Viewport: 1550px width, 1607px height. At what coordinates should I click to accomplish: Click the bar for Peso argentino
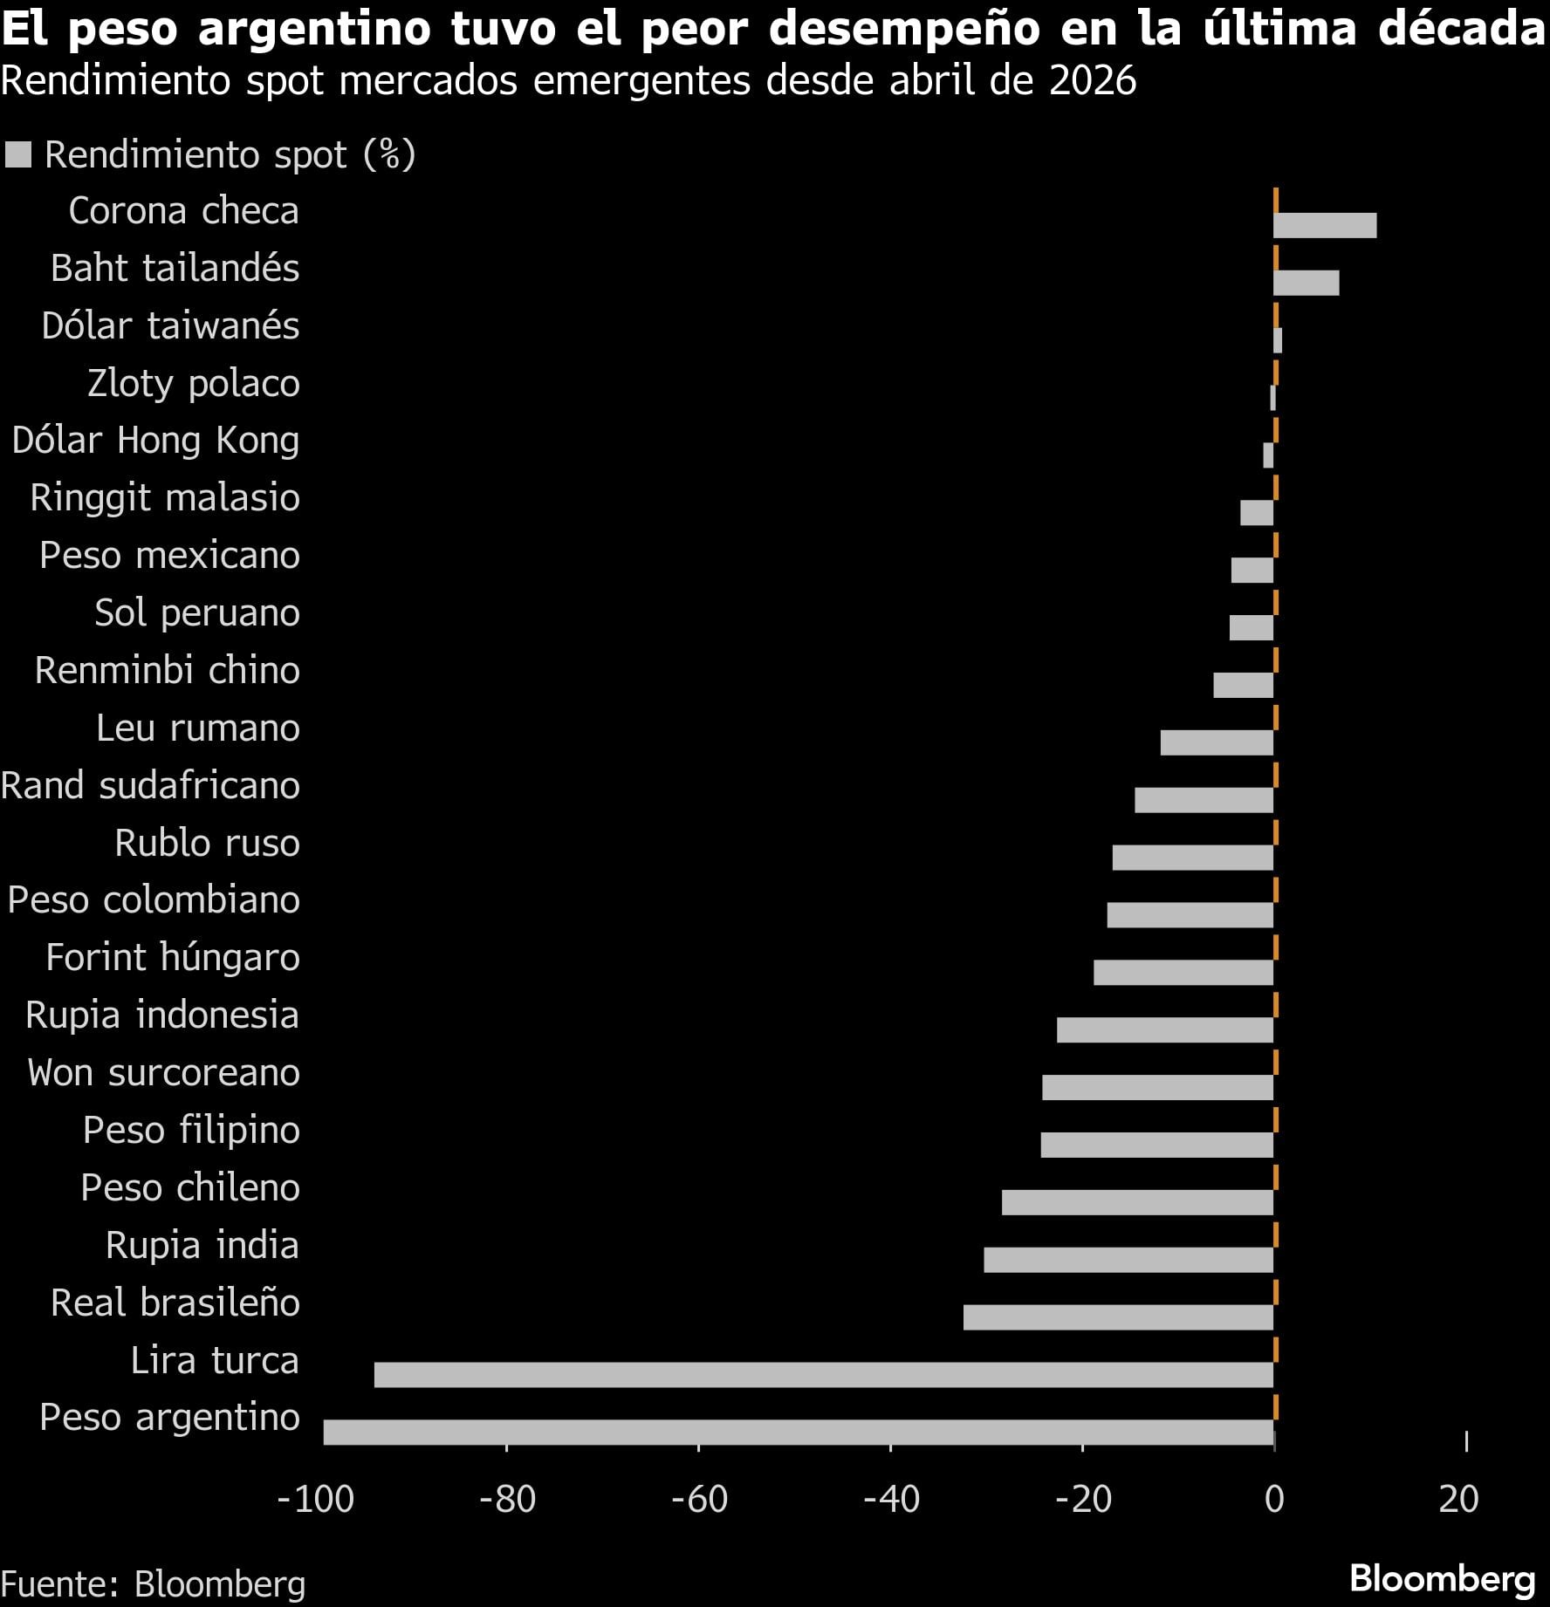798,1432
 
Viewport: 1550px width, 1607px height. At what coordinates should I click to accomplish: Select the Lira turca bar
823,1374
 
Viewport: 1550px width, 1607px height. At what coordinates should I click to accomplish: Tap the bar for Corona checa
1325,225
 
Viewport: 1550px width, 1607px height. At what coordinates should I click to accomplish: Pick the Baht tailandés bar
1306,283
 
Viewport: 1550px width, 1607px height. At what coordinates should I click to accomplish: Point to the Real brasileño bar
1118,1316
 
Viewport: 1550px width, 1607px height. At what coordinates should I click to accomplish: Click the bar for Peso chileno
1137,1201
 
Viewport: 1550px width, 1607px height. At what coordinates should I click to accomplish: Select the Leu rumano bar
1217,742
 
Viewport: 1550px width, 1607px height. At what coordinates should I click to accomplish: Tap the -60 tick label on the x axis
699,1499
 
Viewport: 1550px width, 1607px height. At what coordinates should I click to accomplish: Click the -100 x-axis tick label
316,1499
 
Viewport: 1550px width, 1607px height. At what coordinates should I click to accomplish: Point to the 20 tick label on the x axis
1458,1499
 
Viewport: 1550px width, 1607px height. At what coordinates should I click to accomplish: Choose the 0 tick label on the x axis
1274,1499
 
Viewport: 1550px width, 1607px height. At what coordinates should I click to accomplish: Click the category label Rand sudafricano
151,785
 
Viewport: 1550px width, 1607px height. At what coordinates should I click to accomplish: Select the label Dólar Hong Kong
155,441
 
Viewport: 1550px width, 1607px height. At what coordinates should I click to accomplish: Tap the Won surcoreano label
163,1072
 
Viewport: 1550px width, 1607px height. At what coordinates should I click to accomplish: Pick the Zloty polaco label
194,383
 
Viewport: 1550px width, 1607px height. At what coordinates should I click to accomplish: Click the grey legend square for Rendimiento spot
18,154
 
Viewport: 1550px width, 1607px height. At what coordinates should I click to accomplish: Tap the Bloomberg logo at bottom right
1442,1579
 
